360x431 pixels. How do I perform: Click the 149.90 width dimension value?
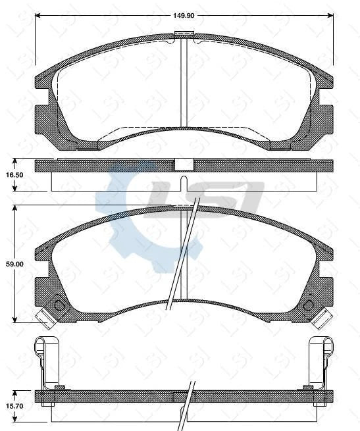pyautogui.click(x=184, y=14)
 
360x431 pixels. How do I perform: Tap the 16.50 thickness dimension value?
pyautogui.click(x=15, y=174)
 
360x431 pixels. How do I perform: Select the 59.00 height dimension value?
pyautogui.click(x=15, y=263)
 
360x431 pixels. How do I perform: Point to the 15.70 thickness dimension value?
pyautogui.click(x=15, y=407)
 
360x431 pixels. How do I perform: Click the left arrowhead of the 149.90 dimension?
pyautogui.click(x=37, y=14)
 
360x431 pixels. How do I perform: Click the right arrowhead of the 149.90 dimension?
pyautogui.click(x=331, y=14)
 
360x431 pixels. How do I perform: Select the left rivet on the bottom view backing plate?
pyautogui.click(x=60, y=386)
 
